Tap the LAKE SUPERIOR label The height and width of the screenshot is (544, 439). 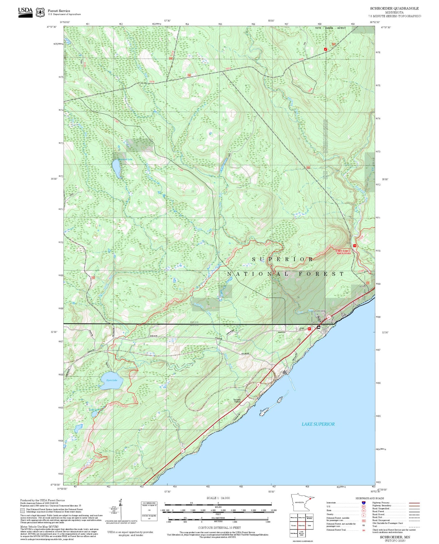click(x=318, y=424)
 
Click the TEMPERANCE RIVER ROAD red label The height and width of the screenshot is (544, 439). click(x=343, y=252)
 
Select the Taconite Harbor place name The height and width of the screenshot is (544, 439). click(x=237, y=401)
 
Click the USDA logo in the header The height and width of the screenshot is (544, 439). click(x=25, y=12)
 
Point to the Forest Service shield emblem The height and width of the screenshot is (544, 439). click(x=40, y=13)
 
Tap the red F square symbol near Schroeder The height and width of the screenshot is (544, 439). click(x=309, y=329)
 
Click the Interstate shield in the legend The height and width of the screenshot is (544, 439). click(x=363, y=503)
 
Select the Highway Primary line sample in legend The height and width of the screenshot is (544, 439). click(x=413, y=503)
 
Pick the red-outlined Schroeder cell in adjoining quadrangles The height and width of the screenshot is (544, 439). click(x=301, y=525)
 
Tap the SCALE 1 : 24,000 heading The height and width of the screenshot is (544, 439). click(x=218, y=498)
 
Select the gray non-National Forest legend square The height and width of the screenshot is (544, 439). click(x=23, y=510)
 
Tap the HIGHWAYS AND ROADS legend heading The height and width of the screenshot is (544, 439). click(x=370, y=498)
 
